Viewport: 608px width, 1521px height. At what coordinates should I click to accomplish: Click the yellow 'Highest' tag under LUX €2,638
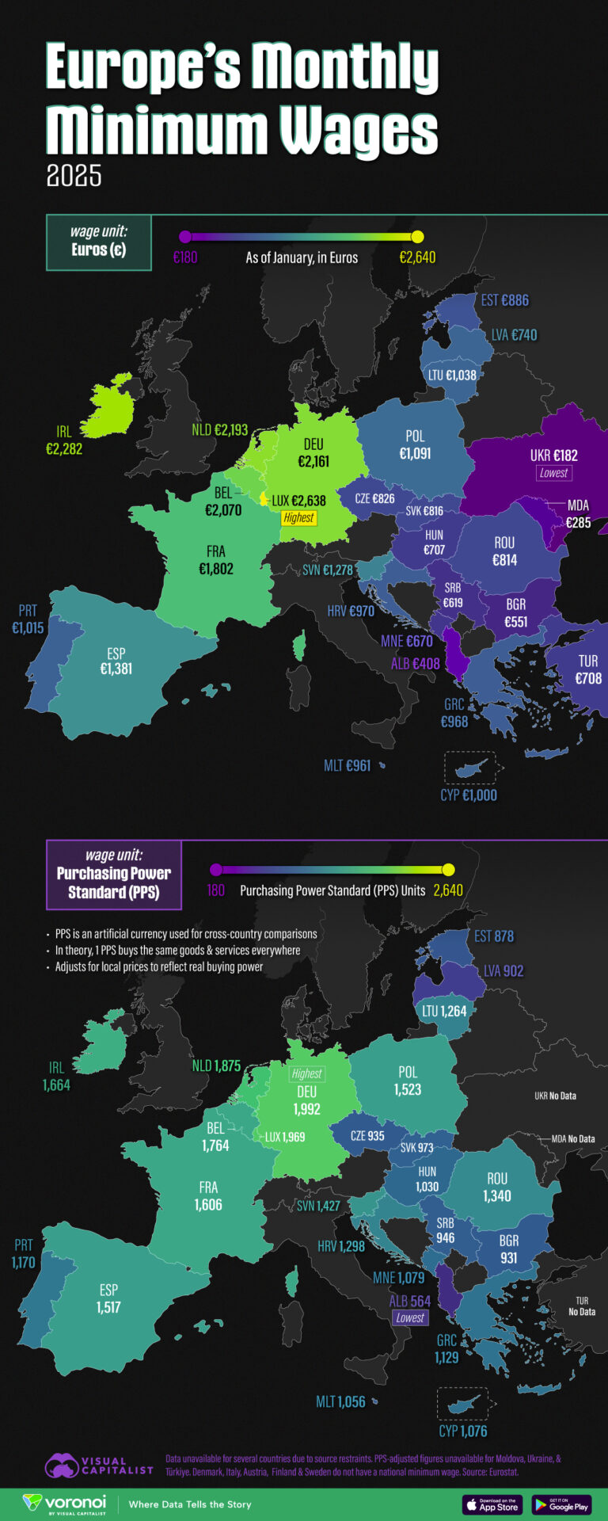pyautogui.click(x=298, y=518)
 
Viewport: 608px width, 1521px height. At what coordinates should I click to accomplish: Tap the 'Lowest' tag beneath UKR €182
pyautogui.click(x=553, y=473)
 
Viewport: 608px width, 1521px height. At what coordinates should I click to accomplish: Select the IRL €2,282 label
pyautogui.click(x=64, y=440)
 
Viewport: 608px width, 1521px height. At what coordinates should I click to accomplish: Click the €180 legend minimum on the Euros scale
pyautogui.click(x=185, y=257)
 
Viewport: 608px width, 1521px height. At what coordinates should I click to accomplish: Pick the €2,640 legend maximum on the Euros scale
pyautogui.click(x=417, y=257)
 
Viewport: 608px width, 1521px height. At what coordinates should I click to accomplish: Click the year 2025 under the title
pyautogui.click(x=74, y=175)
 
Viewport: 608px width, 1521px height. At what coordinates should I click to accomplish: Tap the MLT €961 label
pyautogui.click(x=348, y=765)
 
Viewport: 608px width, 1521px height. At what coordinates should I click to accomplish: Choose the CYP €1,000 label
pyautogui.click(x=469, y=795)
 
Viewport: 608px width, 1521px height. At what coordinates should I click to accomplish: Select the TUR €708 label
pyautogui.click(x=588, y=669)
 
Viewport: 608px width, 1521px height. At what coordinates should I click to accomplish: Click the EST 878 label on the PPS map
pyautogui.click(x=493, y=936)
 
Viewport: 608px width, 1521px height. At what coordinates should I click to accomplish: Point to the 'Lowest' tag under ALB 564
pyautogui.click(x=410, y=1318)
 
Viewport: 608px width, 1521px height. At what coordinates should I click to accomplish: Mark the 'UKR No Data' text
pyautogui.click(x=555, y=1096)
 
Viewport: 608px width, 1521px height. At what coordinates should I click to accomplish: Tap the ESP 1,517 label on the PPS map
pyautogui.click(x=108, y=1298)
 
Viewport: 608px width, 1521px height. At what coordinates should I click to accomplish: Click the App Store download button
pyautogui.click(x=492, y=1504)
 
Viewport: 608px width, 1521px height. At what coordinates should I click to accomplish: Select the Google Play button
pyautogui.click(x=561, y=1504)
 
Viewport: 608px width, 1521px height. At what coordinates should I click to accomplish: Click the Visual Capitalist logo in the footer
pyautogui.click(x=99, y=1466)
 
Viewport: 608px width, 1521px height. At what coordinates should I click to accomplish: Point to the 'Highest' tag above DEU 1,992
pyautogui.click(x=306, y=1073)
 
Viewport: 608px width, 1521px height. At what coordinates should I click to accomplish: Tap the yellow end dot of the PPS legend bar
pyautogui.click(x=449, y=869)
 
